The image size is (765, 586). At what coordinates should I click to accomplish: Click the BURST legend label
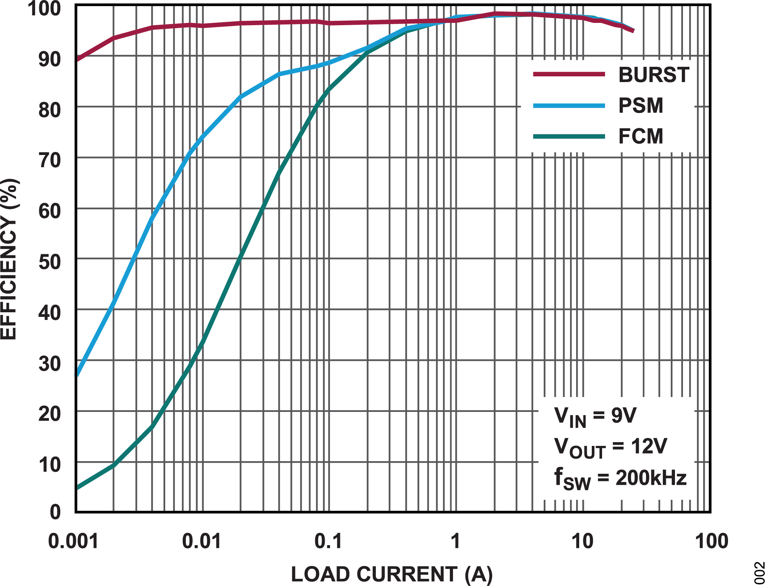[654, 75]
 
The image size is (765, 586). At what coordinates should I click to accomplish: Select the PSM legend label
[641, 106]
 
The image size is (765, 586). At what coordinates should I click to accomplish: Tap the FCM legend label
[641, 136]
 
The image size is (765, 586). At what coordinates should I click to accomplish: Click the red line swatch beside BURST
[569, 74]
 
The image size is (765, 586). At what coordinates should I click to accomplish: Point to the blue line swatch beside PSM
[569, 106]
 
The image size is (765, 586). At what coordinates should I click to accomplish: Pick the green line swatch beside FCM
[569, 136]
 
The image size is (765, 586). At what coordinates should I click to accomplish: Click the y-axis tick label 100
[44, 8]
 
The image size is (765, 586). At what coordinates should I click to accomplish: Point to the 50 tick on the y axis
[50, 262]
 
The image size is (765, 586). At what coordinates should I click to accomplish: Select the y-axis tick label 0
[55, 512]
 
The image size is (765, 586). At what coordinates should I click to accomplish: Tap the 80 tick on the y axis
[50, 110]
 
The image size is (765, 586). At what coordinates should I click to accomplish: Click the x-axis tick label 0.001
[73, 541]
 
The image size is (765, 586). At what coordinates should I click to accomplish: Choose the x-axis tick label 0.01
[201, 541]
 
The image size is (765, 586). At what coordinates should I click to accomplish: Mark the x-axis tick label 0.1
[328, 541]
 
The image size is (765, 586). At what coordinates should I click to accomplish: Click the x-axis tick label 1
[455, 541]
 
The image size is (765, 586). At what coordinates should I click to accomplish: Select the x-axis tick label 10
[582, 541]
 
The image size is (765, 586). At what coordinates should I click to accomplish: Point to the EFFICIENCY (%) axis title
[9, 259]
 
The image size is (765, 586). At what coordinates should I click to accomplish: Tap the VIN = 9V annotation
[595, 416]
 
